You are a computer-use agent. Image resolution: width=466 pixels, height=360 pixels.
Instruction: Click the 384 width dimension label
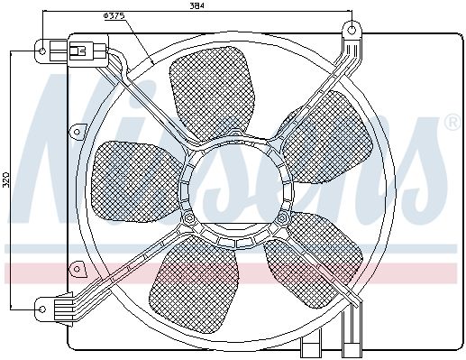click(x=197, y=5)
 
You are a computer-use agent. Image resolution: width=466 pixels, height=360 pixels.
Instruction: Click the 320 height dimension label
click(x=6, y=180)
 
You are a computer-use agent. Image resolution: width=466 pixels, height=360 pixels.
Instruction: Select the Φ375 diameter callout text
click(x=114, y=16)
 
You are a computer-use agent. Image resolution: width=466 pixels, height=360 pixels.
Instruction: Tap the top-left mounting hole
click(x=42, y=51)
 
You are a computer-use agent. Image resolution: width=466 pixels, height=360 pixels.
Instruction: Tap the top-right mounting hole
click(x=352, y=30)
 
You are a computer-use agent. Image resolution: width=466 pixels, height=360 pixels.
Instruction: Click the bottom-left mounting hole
click(x=42, y=309)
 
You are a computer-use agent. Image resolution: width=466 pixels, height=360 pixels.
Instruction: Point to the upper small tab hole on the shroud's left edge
click(x=77, y=132)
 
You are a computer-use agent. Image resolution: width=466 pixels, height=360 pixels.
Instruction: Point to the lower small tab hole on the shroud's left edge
click(x=77, y=269)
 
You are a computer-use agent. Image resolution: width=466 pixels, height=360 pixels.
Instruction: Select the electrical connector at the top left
click(x=87, y=51)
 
